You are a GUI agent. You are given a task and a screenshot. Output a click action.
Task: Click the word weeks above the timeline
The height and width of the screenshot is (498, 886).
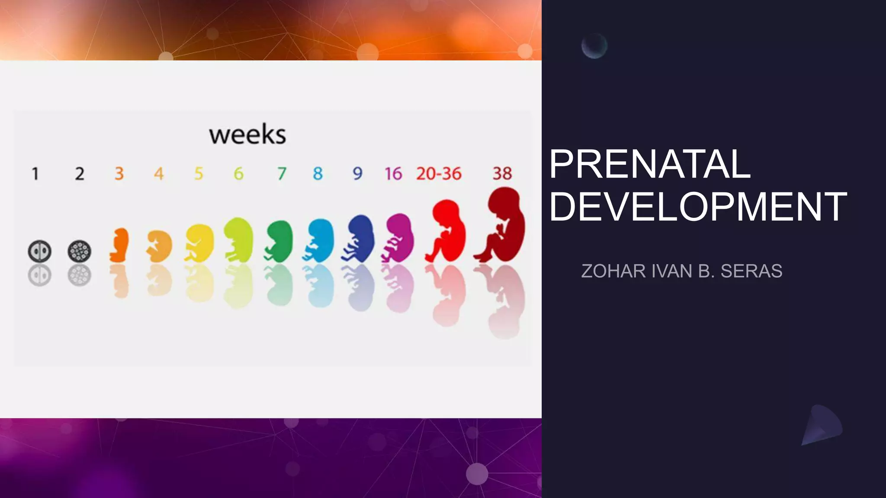tap(247, 135)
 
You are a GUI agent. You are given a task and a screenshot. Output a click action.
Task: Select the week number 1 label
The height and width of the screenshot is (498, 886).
tap(35, 174)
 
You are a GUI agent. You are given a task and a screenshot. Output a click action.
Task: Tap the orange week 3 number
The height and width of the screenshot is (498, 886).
tap(119, 174)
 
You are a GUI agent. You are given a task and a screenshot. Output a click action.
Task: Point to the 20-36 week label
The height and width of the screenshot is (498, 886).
tap(439, 174)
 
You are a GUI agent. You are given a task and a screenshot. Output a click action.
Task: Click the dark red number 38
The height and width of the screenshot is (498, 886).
tap(502, 174)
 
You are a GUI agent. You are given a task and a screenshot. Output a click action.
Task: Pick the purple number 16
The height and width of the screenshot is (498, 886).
tap(393, 174)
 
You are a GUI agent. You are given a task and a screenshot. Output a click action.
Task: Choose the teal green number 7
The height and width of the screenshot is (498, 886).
tap(282, 174)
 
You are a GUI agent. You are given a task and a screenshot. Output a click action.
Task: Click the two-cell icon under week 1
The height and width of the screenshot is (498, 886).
tap(40, 251)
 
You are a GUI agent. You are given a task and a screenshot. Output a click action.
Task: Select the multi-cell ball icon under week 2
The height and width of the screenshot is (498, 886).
tap(80, 251)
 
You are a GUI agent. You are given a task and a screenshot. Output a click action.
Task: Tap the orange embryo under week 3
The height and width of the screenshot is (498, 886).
tap(120, 245)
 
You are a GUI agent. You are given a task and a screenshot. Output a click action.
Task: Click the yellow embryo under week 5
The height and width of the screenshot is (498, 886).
tap(200, 243)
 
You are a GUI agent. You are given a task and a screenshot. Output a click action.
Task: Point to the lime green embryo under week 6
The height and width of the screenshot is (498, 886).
tap(238, 240)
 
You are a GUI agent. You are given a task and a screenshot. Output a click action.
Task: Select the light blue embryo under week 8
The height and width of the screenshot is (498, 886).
tap(321, 240)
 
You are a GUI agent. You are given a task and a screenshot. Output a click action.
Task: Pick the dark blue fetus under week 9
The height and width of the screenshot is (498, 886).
tap(360, 238)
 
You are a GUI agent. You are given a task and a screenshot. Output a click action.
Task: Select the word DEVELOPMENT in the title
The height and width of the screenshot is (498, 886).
tap(697, 207)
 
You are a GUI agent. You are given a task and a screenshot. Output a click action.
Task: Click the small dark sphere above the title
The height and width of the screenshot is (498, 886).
tap(594, 46)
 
